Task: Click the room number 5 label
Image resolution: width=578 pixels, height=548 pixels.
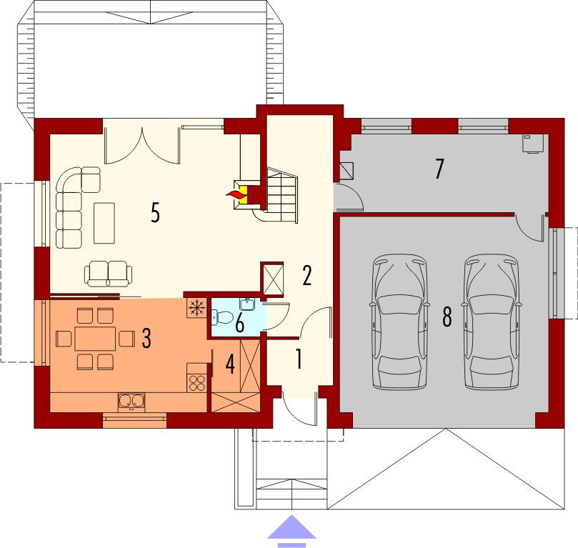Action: point(155,213)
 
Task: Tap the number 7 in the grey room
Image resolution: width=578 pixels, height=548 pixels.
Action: point(439,169)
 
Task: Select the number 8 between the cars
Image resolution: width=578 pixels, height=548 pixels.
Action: point(447,317)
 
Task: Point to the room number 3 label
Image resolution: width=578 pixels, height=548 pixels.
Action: point(146,339)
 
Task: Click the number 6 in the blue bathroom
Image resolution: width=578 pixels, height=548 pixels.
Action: point(239,324)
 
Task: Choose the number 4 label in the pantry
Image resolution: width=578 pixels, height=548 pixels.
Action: point(230,364)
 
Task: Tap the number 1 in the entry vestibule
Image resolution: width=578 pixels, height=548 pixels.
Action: point(299,359)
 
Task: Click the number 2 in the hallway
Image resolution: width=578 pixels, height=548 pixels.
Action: point(307,275)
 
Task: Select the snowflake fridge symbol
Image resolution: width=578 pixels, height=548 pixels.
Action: point(197,307)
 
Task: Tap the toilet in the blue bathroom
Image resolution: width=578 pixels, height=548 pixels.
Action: point(222,317)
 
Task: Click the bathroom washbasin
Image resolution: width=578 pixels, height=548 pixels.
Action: point(247,304)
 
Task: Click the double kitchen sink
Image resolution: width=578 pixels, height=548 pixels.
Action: point(131,402)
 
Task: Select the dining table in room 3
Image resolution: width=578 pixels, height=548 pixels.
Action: point(95,339)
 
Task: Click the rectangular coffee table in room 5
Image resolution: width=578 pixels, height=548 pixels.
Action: point(104,223)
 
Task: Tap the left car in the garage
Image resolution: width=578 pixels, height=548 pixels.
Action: point(399,322)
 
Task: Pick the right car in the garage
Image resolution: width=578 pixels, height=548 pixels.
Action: point(492,322)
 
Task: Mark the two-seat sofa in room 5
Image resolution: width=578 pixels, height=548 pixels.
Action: point(108,274)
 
